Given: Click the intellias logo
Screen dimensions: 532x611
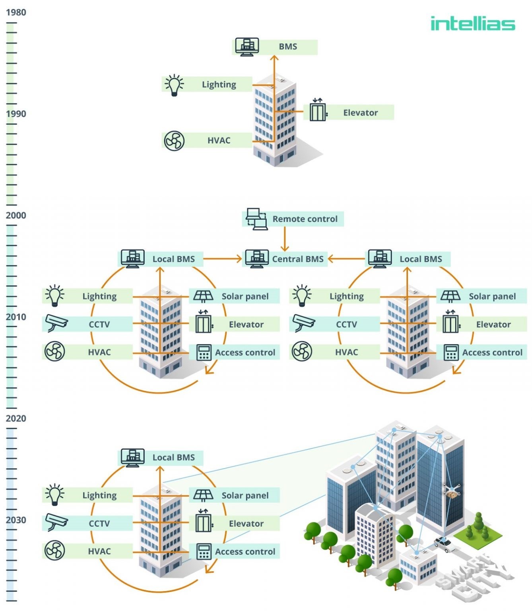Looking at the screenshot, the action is coord(473,23).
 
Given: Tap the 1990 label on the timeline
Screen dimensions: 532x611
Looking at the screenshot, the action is coord(16,114).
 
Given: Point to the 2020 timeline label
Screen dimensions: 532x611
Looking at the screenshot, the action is coord(16,419).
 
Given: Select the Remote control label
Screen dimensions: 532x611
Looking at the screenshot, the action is coord(305,219).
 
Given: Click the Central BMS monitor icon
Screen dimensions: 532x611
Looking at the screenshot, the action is coord(256,259).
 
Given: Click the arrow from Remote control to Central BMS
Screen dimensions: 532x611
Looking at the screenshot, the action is coord(285,239).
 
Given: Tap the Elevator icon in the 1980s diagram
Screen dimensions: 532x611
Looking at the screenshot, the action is coord(318,110).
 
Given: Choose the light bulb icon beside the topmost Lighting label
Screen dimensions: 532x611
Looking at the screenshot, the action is coord(174,85).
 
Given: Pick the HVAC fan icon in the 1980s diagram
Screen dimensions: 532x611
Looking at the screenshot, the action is coord(174,141).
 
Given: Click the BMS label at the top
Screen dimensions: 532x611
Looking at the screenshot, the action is coord(287,47).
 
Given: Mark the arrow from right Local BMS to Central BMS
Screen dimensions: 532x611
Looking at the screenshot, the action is coord(346,259).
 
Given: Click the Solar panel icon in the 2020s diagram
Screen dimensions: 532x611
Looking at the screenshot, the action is coord(203,496).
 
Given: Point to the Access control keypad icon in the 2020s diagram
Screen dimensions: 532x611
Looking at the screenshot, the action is coord(204,552).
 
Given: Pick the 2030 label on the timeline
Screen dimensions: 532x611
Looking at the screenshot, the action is coord(16,520).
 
